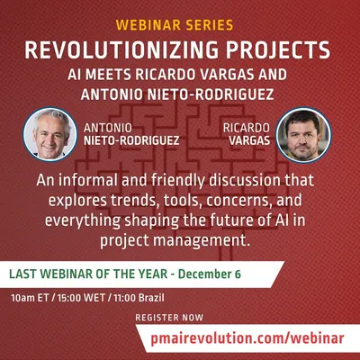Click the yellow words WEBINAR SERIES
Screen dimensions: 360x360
tap(175, 25)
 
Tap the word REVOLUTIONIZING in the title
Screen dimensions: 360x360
tap(121, 49)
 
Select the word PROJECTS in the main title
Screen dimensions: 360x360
tap(278, 49)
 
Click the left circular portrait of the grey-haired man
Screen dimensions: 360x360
tap(50, 134)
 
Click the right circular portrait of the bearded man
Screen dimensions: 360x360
tap(303, 135)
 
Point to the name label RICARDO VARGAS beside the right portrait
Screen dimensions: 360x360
tap(247, 134)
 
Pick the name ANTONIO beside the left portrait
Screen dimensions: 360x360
tap(108, 128)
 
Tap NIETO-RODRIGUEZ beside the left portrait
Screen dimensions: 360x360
tap(131, 140)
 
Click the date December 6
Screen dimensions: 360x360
tap(210, 274)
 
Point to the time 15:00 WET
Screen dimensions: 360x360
tap(81, 298)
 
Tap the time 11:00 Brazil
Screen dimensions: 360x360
tap(139, 298)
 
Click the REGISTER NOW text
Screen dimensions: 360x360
tap(169, 318)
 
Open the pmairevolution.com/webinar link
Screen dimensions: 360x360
tap(247, 338)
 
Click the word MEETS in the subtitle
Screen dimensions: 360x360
tap(108, 75)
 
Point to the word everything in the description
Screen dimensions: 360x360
tap(83, 220)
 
